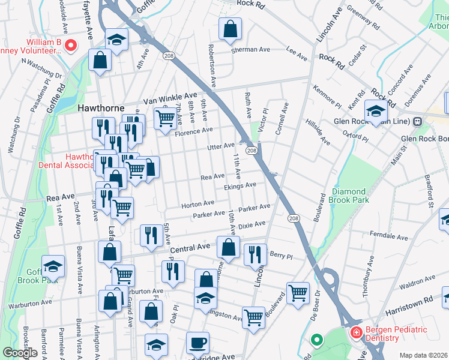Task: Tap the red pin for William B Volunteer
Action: (70, 44)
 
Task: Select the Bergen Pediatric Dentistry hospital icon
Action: (356, 331)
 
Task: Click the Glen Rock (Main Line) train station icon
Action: (417, 121)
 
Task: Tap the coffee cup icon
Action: (197, 343)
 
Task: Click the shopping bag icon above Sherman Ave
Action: (230, 29)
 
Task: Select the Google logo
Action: (20, 353)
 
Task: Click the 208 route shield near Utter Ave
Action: (252, 150)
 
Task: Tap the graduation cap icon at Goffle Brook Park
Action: (53, 266)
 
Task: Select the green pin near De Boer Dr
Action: (316, 341)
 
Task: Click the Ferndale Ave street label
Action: (390, 233)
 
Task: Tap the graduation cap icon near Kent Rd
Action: (376, 112)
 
